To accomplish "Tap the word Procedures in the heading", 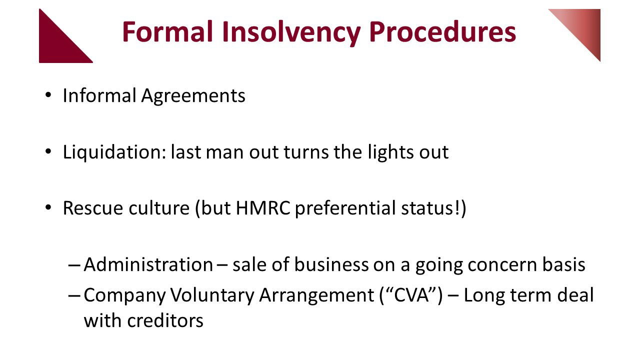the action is tap(442, 31).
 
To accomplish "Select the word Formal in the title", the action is tap(167, 31).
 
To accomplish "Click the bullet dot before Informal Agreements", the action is tap(48, 95).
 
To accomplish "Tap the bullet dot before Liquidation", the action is tap(48, 151).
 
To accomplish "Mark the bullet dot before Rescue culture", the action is tap(48, 207).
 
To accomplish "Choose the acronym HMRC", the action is tap(263, 208).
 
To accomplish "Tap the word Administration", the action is tap(148, 264).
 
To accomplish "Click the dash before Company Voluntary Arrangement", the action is tap(74, 295).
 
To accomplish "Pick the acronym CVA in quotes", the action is tap(411, 295).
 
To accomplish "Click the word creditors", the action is tap(165, 320).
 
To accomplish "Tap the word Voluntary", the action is tap(212, 295).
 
